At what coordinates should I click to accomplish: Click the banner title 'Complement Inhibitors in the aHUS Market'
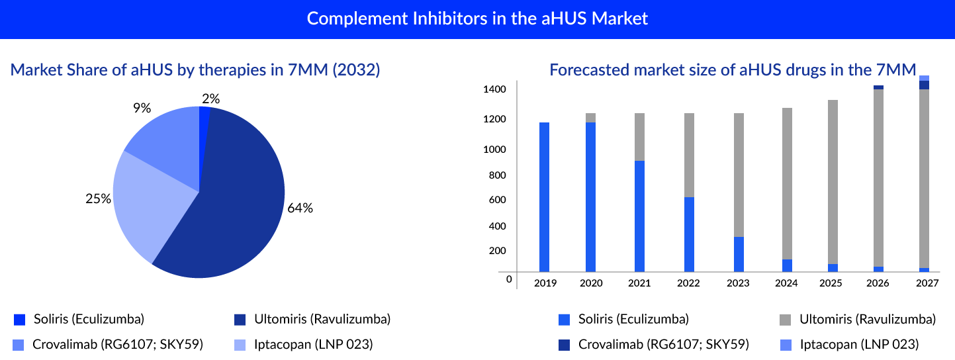point(477,19)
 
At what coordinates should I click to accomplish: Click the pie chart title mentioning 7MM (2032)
point(195,70)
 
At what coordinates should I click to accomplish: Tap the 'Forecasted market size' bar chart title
point(733,70)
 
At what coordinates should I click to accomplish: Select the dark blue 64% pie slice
point(232,212)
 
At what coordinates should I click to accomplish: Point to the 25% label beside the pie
point(98,199)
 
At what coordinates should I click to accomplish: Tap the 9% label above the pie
point(141,107)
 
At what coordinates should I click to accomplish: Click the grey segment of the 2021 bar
point(639,137)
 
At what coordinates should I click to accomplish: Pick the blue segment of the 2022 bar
point(689,234)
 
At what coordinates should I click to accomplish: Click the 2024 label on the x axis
point(786,283)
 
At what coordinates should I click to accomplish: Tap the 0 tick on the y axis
point(509,279)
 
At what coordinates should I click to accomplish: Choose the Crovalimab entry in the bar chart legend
point(663,344)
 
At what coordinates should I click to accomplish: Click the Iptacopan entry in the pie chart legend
point(313,344)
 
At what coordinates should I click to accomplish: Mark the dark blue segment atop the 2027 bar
point(925,85)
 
